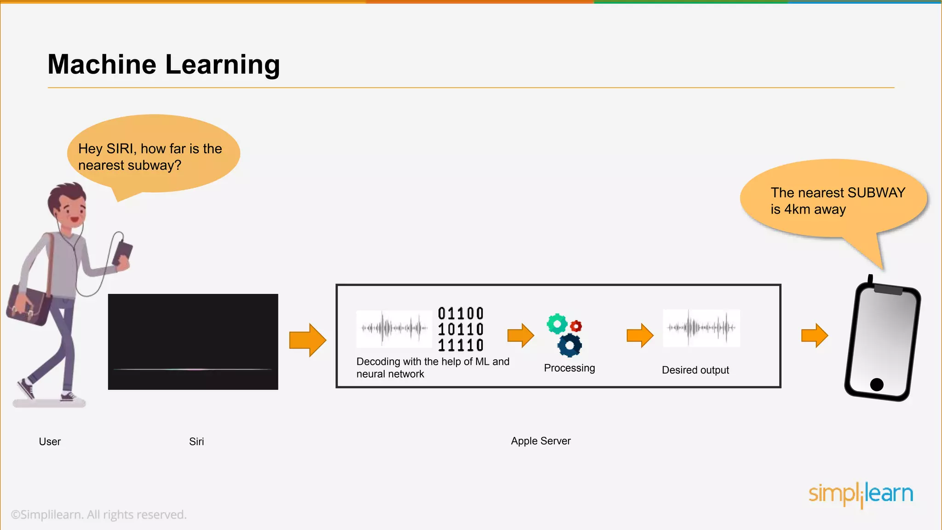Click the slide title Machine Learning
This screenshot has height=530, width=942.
(164, 64)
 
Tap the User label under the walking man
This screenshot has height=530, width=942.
(50, 442)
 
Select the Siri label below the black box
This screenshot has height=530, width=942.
(196, 442)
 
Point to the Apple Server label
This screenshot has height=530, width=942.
(540, 441)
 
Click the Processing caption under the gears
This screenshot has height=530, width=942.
(569, 368)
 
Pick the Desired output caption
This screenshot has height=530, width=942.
(695, 370)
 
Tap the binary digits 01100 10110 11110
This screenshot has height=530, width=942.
(460, 329)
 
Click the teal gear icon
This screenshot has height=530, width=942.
(557, 324)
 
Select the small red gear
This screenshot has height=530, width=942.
(576, 326)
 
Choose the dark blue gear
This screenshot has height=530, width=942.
(570, 346)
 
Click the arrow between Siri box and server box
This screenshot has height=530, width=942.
(307, 340)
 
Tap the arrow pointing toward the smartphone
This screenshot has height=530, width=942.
(814, 335)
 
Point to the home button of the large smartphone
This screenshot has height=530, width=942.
(877, 384)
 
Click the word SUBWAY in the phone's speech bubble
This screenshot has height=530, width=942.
(876, 192)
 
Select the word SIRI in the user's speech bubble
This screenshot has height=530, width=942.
(121, 149)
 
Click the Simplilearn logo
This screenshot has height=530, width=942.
(861, 494)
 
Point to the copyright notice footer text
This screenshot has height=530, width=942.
(98, 514)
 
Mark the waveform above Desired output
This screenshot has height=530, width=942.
(701, 328)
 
